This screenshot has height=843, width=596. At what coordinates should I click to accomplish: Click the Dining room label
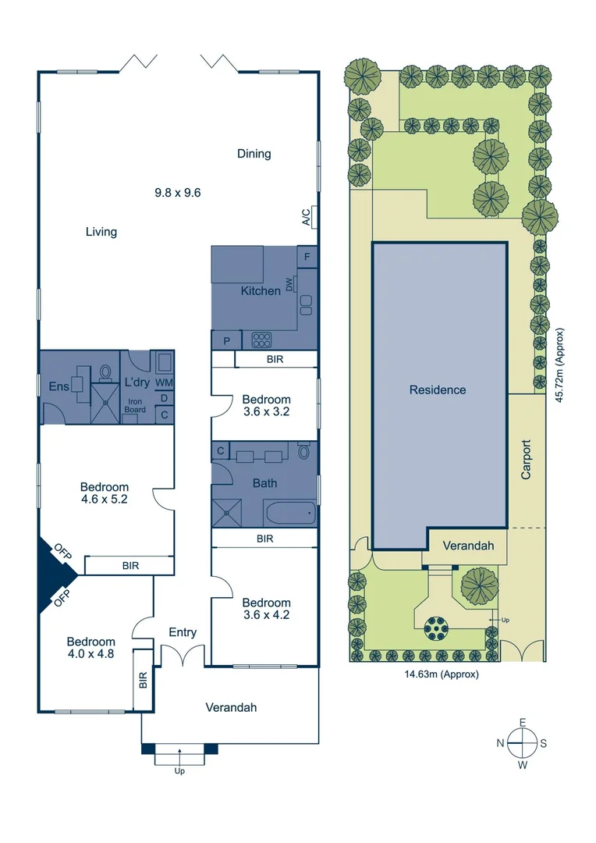coord(254,154)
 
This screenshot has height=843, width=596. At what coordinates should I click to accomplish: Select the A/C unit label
coord(306,216)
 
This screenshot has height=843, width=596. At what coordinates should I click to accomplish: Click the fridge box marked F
coord(307,257)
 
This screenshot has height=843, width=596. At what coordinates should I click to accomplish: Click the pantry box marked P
coord(227,341)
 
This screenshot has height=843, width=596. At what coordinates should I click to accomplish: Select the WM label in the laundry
coord(164,382)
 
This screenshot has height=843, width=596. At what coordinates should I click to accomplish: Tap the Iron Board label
coord(137,405)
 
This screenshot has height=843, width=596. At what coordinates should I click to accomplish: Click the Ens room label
coord(59,386)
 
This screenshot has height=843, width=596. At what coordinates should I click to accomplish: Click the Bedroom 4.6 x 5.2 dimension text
coord(104,499)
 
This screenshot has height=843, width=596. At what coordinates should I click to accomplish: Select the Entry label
coord(183,632)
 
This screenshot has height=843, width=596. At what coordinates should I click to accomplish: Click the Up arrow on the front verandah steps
coord(179,756)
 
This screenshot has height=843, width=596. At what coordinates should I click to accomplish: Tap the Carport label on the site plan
coord(527,460)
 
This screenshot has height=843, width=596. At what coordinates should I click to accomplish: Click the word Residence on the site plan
coord(437,389)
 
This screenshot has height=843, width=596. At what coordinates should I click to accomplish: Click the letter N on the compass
coord(499,743)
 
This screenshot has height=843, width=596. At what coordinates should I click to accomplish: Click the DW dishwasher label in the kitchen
coord(289,286)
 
